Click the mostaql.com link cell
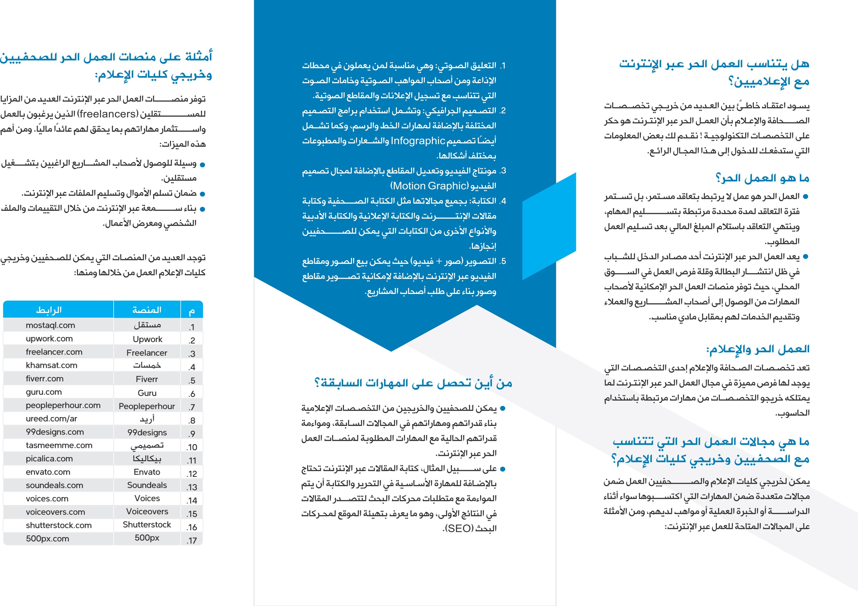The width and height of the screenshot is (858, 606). (x=50, y=325)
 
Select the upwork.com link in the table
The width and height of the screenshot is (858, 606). (x=49, y=339)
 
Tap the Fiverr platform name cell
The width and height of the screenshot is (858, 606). (x=147, y=379)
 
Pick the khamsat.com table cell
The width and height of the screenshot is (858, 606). (x=52, y=365)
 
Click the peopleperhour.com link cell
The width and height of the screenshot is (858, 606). (x=63, y=405)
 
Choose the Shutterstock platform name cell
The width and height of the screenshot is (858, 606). (x=147, y=525)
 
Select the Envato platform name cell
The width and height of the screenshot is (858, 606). (x=147, y=472)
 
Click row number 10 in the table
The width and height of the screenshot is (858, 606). (x=192, y=447)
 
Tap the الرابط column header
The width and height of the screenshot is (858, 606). (x=49, y=310)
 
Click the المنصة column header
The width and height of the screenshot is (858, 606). (x=147, y=310)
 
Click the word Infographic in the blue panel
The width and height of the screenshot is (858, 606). (x=418, y=141)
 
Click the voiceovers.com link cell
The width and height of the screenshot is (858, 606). (x=55, y=512)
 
